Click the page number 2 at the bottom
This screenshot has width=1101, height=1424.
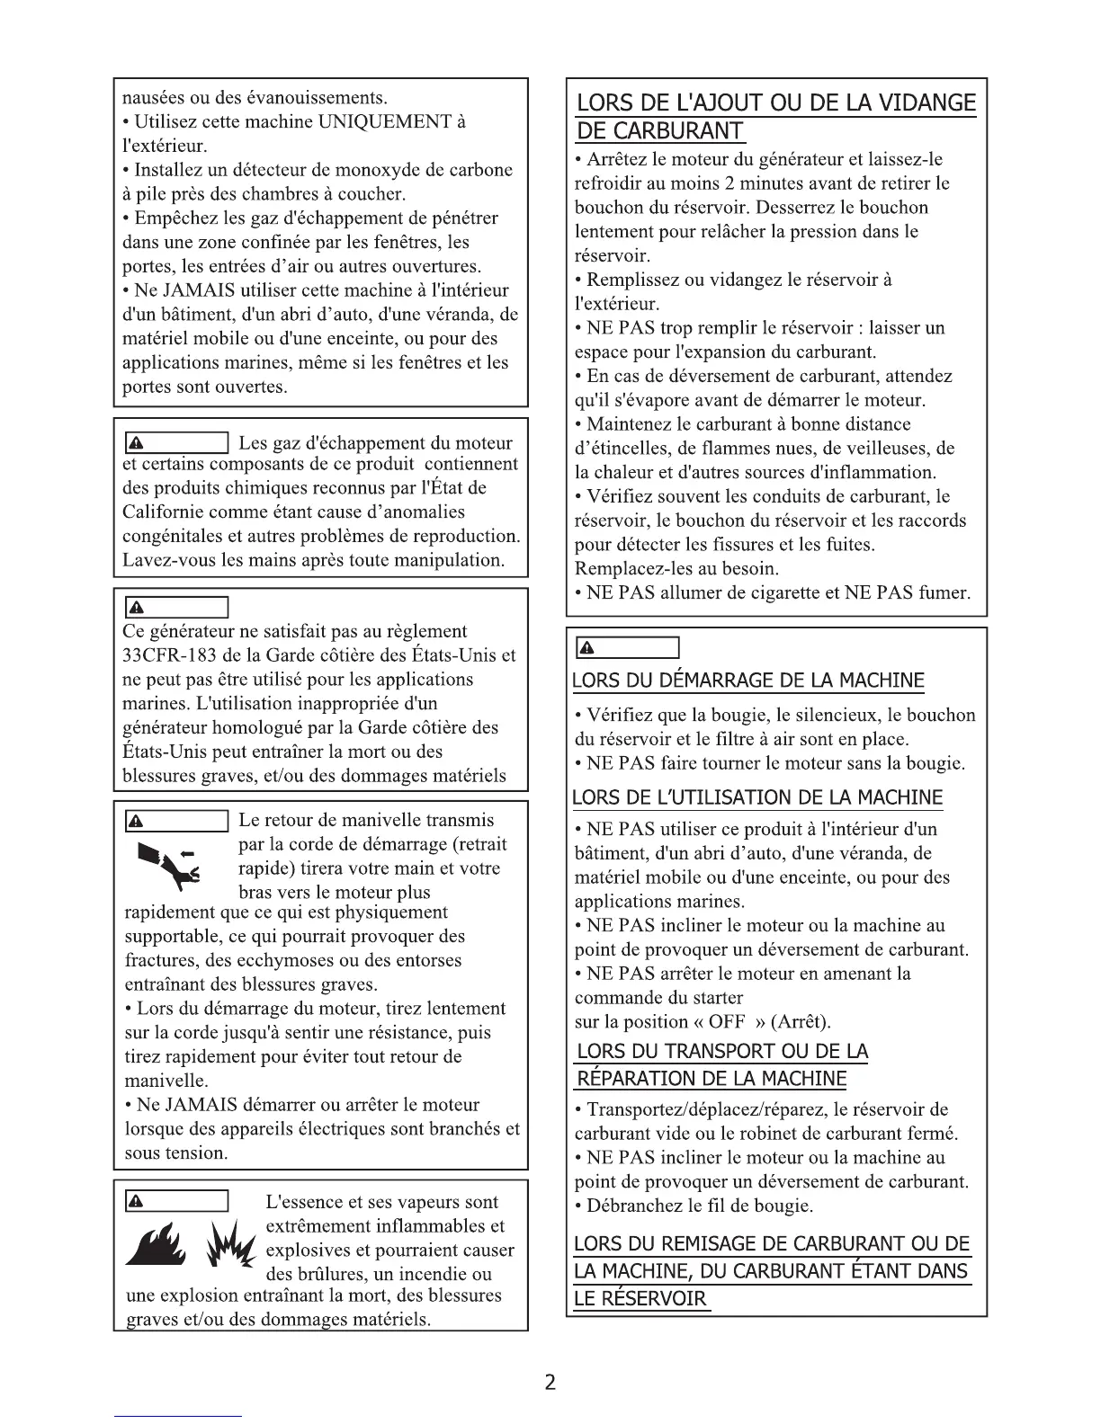pyautogui.click(x=550, y=1382)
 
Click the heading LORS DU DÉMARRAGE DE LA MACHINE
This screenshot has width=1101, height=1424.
pyautogui.click(x=748, y=681)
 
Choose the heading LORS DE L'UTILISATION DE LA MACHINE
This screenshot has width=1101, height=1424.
pyautogui.click(x=757, y=797)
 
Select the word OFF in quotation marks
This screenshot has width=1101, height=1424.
pyautogui.click(x=727, y=1022)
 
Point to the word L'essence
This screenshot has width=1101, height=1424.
pyautogui.click(x=307, y=1202)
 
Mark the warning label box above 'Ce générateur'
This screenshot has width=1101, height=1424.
pyautogui.click(x=175, y=608)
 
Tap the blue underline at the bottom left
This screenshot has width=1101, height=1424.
pyautogui.click(x=178, y=1416)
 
